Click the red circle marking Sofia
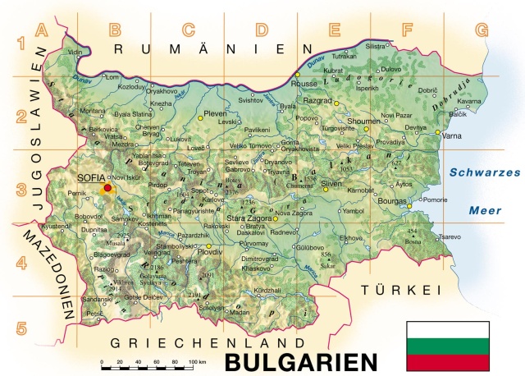pos(107,188)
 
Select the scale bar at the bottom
pos(148,361)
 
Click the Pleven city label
pos(214,111)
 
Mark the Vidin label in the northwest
pos(75,52)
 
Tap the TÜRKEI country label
pos(401,291)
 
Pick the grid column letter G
pos(481,30)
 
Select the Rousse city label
pos(304,83)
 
